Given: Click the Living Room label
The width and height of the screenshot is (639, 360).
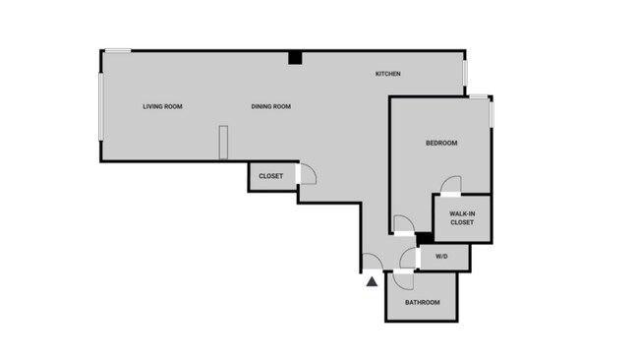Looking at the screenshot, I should click(x=162, y=106).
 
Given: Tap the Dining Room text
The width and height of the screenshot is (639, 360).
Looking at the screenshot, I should click(x=270, y=106).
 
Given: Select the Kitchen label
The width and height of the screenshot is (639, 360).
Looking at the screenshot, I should click(x=387, y=75).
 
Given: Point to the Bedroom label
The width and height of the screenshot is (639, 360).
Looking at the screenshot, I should click(x=441, y=144).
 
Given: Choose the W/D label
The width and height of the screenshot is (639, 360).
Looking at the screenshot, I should click(x=441, y=257).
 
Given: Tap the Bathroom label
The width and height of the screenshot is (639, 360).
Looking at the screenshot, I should click(x=423, y=302).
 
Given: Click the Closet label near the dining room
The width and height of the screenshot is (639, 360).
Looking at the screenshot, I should click(x=270, y=176).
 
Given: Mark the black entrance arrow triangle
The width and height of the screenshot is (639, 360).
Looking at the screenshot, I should click(x=372, y=282).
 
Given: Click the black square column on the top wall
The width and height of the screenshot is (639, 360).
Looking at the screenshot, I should click(x=294, y=58).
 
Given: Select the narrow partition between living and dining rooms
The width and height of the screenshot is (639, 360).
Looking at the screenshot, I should click(x=223, y=142).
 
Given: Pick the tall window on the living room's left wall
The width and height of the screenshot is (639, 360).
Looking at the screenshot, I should click(x=100, y=105).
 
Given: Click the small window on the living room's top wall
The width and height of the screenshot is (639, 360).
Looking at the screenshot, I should click(x=118, y=51).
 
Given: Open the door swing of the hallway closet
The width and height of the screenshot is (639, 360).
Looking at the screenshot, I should click(x=307, y=175).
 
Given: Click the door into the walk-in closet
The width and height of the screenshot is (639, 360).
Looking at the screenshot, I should click(x=450, y=186).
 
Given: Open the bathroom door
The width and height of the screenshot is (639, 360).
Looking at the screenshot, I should click(x=402, y=278).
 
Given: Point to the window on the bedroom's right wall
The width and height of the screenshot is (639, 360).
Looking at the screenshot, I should click(x=491, y=111).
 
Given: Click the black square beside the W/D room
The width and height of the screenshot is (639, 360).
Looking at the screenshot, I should click(x=425, y=238).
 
